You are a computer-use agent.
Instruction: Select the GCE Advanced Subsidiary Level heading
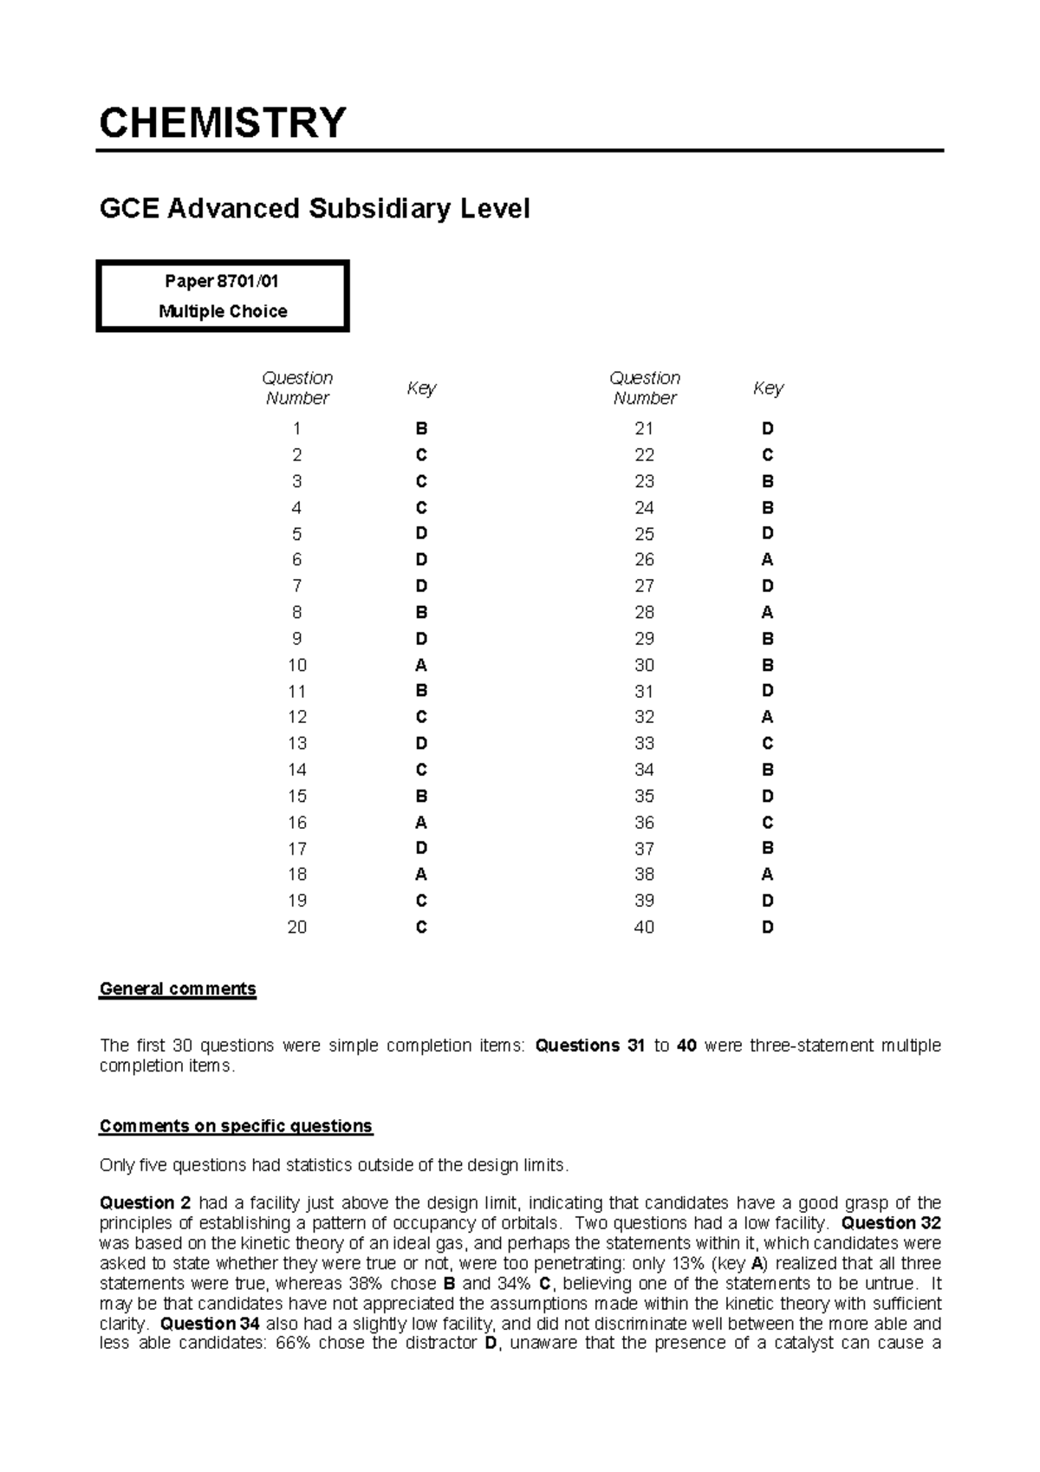pyautogui.click(x=315, y=209)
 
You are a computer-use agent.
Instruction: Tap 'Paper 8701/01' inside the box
pyautogui.click(x=222, y=282)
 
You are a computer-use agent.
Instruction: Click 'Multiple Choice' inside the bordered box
pyautogui.click(x=223, y=311)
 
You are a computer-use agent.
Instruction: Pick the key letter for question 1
pyautogui.click(x=421, y=429)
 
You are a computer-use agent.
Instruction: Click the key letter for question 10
pyautogui.click(x=421, y=665)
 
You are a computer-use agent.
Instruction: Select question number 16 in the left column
pyautogui.click(x=297, y=823)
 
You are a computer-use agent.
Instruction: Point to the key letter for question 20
pyautogui.click(x=421, y=928)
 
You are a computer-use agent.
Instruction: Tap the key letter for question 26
pyautogui.click(x=767, y=560)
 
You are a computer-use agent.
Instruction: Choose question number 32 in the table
pyautogui.click(x=644, y=718)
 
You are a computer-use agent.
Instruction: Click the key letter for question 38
pyautogui.click(x=767, y=875)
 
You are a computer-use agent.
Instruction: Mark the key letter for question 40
pyautogui.click(x=767, y=928)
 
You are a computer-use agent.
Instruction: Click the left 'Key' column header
pyautogui.click(x=421, y=388)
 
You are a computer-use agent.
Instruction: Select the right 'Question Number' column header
pyautogui.click(x=644, y=388)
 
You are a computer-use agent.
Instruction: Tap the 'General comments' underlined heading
pyautogui.click(x=178, y=989)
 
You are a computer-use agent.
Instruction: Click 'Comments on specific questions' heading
pyautogui.click(x=236, y=1126)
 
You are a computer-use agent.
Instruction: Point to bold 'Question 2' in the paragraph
pyautogui.click(x=145, y=1203)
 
